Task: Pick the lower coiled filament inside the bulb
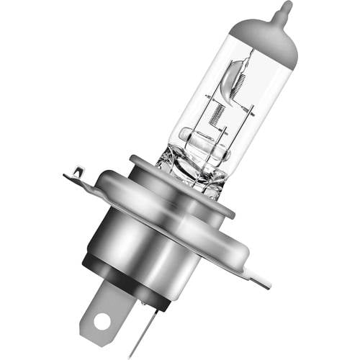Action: click(216, 114)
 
